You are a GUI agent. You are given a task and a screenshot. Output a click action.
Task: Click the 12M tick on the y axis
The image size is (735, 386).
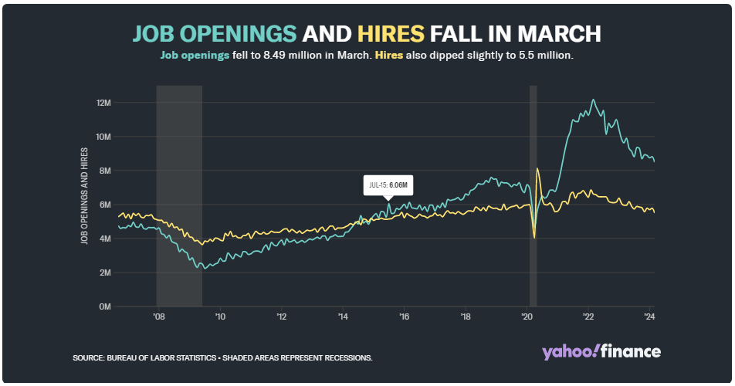click(103, 103)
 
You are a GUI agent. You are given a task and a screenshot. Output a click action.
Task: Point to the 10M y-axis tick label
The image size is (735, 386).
click(103, 137)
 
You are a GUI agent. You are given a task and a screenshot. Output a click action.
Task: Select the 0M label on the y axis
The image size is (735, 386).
click(105, 306)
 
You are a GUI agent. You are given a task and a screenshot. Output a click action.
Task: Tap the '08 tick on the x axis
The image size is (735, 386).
click(158, 317)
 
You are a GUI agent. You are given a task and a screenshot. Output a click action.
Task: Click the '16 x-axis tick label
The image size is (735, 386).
click(403, 317)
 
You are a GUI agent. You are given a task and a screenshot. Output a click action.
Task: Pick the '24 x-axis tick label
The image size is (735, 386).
click(649, 317)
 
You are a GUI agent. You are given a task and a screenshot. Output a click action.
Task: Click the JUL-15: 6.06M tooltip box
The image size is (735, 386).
click(388, 186)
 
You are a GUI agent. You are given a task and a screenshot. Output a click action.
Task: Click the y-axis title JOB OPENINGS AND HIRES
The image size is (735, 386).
click(83, 196)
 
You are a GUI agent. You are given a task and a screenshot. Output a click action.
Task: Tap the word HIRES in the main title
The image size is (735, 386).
click(391, 34)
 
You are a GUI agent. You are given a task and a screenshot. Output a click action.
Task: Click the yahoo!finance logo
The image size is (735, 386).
click(601, 352)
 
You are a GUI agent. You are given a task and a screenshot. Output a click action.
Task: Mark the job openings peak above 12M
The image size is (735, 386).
click(593, 100)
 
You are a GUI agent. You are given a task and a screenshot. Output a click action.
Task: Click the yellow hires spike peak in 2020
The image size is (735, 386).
click(537, 168)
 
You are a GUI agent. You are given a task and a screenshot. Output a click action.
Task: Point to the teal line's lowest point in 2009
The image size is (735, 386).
click(202, 269)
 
